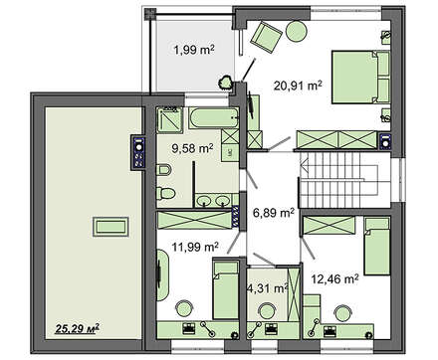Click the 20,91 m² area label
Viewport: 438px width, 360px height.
(x=298, y=86)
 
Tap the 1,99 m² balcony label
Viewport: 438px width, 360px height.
(x=194, y=50)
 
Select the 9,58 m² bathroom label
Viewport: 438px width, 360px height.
(x=192, y=148)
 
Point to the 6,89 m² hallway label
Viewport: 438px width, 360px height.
(x=274, y=212)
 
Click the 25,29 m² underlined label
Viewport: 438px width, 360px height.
(x=78, y=328)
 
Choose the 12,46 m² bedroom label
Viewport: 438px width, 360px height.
(x=334, y=279)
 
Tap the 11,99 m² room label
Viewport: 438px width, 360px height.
(x=195, y=247)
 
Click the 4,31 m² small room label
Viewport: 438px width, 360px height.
(x=268, y=288)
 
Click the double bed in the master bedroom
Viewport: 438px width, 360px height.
(x=360, y=77)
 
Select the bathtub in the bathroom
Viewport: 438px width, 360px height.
(x=214, y=117)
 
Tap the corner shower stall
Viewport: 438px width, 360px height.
(x=169, y=119)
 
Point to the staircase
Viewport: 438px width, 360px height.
(x=345, y=180)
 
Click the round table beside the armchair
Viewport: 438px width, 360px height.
(x=297, y=31)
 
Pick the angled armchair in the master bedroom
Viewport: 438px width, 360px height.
(x=266, y=37)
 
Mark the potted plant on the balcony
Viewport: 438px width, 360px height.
(x=226, y=83)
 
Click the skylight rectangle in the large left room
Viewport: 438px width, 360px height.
(x=110, y=227)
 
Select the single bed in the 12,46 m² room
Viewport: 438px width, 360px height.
(x=376, y=247)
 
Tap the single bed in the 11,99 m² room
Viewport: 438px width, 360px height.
(x=226, y=290)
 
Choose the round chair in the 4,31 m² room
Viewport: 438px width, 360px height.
(x=267, y=311)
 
